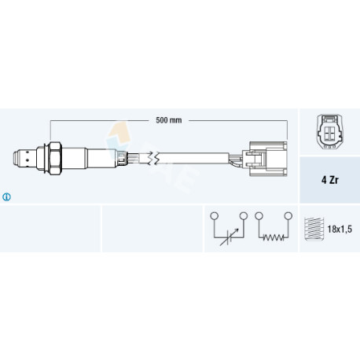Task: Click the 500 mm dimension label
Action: pyautogui.click(x=169, y=120)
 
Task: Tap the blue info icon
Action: pyautogui.click(x=6, y=197)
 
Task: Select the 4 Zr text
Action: pyautogui.click(x=330, y=180)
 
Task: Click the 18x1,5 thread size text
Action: pyautogui.click(x=340, y=230)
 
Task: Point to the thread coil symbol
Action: pyautogui.click(x=314, y=229)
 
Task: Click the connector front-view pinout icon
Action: pyautogui.click(x=330, y=131)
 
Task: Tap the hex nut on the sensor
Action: pyautogui.click(x=55, y=159)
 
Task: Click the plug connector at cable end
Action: pyautogui.click(x=265, y=159)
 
